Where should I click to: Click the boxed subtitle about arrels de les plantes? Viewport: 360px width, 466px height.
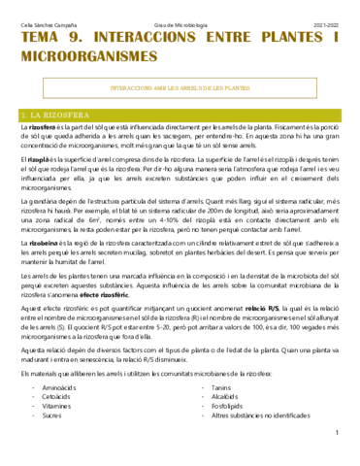click(x=180, y=87)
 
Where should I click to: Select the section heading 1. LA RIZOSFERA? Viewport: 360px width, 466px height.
click(x=58, y=114)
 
